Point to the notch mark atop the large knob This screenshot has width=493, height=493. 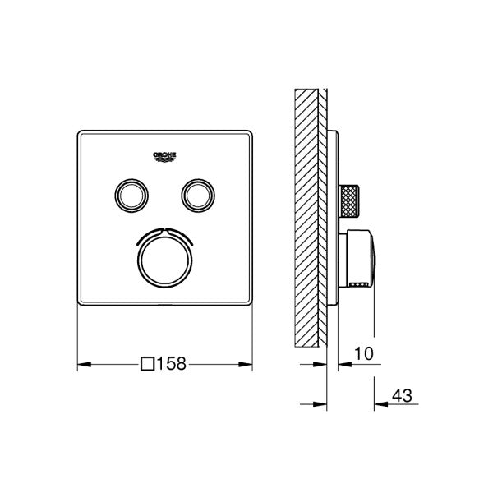164,226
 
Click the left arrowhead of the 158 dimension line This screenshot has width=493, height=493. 82,363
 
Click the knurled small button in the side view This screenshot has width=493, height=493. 352,199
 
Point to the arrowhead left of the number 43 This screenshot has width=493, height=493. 380,403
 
